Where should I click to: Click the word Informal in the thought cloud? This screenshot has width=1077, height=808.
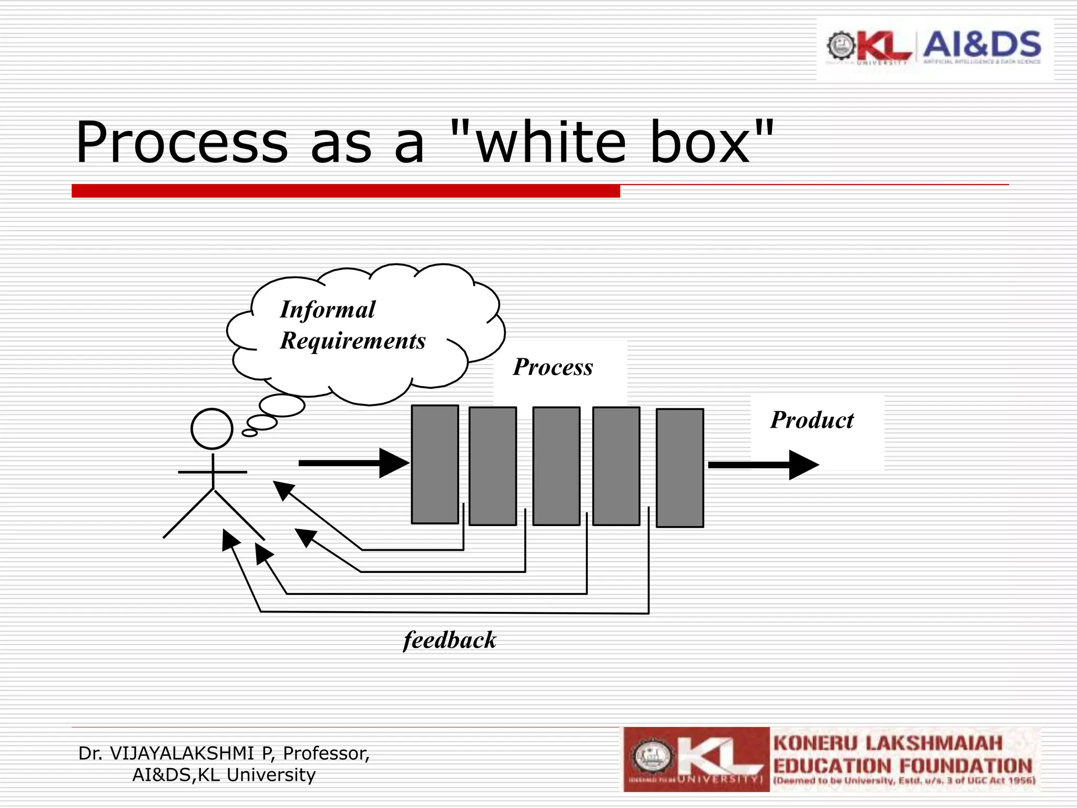pos(328,310)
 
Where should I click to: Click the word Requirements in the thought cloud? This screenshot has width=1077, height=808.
pos(353,341)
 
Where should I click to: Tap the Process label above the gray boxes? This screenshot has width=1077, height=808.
pos(553,367)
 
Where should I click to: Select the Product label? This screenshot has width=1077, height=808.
pos(812,420)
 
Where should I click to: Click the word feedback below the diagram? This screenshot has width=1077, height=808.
pos(450,640)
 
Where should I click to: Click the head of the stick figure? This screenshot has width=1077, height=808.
pos(212,429)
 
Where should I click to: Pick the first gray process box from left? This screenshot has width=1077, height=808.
pos(434,464)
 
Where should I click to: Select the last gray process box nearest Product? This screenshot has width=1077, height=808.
pos(679,468)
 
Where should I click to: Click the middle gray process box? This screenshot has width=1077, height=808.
pos(556,466)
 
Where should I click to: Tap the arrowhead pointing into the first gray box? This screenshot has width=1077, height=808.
pos(393,463)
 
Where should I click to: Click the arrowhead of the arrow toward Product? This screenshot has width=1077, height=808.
pos(803,465)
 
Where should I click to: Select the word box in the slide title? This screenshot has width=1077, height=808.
pos(699,143)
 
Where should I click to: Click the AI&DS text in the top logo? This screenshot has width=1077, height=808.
pos(982,45)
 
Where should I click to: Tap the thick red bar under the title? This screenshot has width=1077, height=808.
pos(346,191)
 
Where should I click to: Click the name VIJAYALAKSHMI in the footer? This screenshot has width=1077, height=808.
pos(182,753)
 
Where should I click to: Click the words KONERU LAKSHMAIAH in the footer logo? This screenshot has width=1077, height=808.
pos(888,743)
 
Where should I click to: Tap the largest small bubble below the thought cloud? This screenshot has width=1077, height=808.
pos(282,405)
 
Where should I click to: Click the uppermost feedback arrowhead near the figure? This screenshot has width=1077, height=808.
pos(283,490)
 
